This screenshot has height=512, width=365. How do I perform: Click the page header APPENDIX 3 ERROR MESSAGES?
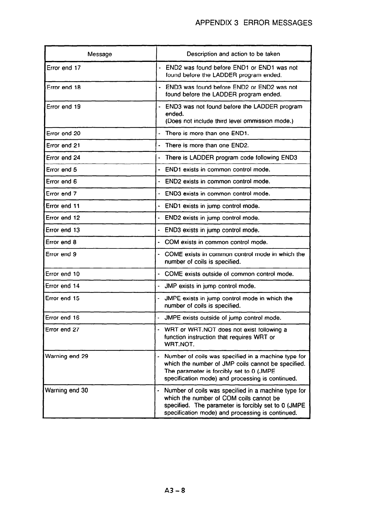(x=254, y=23)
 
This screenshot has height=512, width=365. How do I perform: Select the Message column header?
(x=100, y=54)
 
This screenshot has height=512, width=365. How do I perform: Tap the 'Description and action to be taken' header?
(x=233, y=54)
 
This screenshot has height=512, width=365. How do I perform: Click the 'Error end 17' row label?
(x=64, y=68)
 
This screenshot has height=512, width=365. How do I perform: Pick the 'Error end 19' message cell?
(x=64, y=107)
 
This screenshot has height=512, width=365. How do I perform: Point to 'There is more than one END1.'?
(x=207, y=133)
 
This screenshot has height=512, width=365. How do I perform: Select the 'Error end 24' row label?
(x=63, y=158)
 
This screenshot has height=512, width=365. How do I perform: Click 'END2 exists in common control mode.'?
(x=217, y=181)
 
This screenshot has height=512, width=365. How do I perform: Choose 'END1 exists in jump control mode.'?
(x=212, y=206)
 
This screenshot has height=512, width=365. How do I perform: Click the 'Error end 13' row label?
(x=63, y=230)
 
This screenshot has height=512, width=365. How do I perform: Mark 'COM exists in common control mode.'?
(x=216, y=242)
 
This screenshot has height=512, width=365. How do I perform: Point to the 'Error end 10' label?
(x=62, y=274)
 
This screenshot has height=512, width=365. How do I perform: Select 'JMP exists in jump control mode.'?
(x=210, y=286)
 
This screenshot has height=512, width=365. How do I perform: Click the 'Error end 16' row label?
(x=62, y=318)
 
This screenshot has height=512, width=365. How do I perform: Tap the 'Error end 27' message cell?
(x=62, y=330)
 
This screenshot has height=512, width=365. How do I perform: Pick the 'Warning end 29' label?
(x=67, y=356)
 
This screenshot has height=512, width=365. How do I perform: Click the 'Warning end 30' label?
(x=67, y=390)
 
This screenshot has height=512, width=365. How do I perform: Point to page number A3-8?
(x=173, y=490)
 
